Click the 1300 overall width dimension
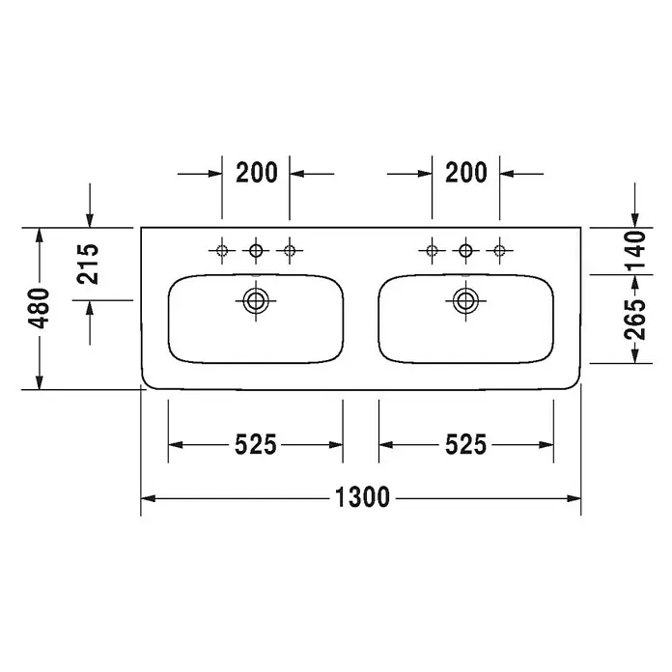[362, 497]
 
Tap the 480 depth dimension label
[39, 308]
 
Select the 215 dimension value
[88, 264]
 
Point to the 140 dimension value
[634, 250]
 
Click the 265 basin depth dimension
[634, 320]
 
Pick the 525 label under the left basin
[256, 444]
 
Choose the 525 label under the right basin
[465, 444]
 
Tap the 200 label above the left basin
[257, 173]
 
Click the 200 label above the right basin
[466, 173]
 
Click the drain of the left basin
[256, 300]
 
